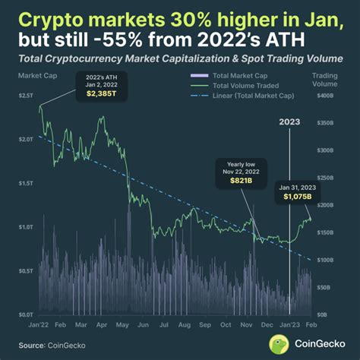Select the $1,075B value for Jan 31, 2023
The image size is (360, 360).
pos(295,195)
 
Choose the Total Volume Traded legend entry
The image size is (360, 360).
pos(245,86)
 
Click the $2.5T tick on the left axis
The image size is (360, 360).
pos(26,96)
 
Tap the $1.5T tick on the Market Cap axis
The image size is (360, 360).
pos(26,183)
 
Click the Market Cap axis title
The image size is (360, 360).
pos(33,76)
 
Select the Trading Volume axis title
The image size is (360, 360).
pos(327,80)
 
